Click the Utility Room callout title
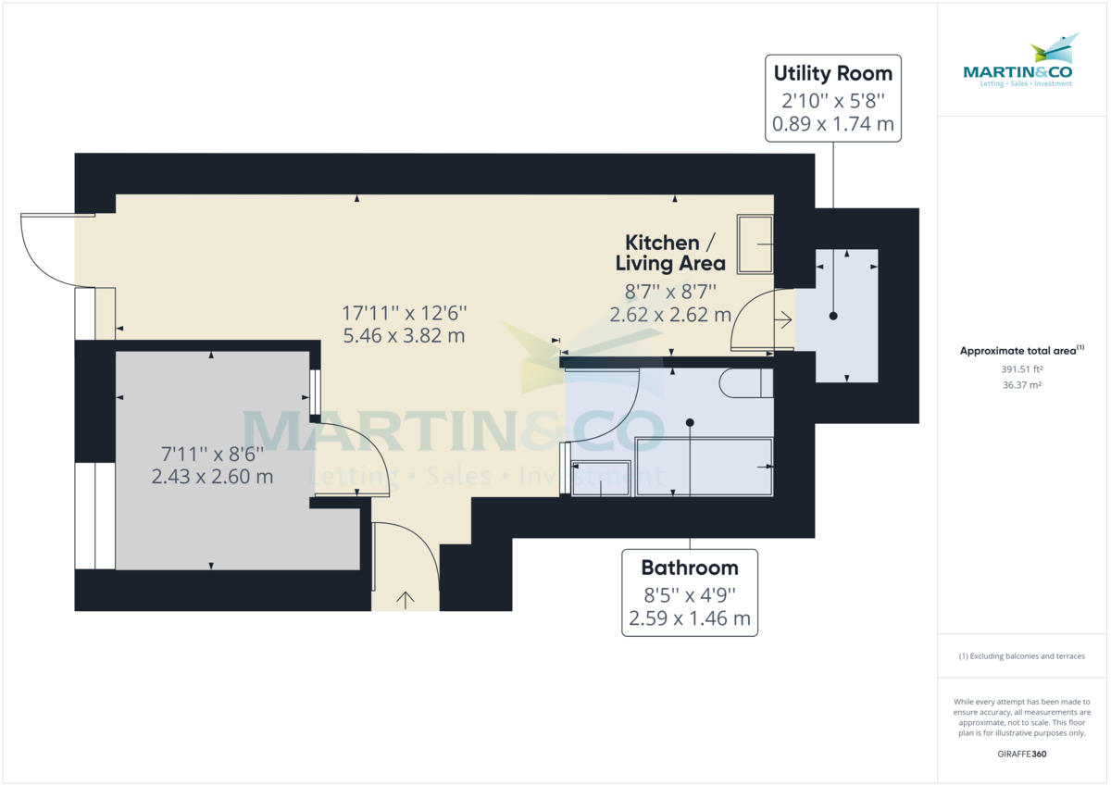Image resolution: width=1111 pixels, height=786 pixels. click(833, 73)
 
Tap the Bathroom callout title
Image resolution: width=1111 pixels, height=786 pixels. click(690, 568)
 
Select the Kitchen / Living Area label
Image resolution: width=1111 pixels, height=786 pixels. click(670, 253)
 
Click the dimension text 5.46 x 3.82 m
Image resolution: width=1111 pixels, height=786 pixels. click(404, 336)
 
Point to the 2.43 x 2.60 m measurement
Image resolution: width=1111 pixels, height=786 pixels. click(212, 477)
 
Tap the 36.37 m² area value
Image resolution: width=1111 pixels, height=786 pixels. click(1022, 385)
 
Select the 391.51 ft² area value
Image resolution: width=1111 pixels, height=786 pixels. click(1022, 368)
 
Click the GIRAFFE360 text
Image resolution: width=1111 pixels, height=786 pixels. click(1022, 754)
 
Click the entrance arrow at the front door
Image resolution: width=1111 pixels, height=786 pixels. click(405, 599)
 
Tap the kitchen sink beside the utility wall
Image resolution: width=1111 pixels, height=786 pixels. click(755, 244)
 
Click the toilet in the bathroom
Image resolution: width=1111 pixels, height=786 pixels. click(745, 382)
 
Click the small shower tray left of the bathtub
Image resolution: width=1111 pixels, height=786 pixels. click(601, 478)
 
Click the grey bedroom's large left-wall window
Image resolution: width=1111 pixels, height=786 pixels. click(94, 516)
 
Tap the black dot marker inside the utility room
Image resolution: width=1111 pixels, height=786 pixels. click(833, 317)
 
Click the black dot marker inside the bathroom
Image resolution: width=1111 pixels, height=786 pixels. click(690, 422)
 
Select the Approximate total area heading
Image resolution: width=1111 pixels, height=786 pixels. click(1022, 351)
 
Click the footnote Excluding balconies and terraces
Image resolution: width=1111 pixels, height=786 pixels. click(1022, 656)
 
